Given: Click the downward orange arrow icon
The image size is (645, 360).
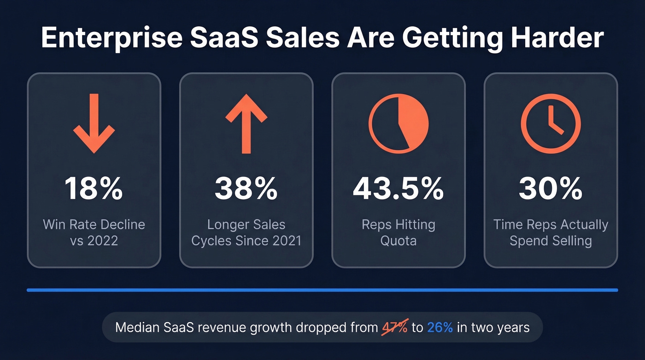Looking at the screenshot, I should pos(94,123).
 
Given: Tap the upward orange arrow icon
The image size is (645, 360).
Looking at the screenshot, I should pos(246,123).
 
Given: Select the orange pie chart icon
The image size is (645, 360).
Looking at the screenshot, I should pos(399,123).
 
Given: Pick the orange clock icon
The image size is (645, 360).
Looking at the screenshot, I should pos(551,123).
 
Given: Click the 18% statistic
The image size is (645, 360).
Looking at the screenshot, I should pos(94,188).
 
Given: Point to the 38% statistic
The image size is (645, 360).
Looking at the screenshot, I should pos(246,188).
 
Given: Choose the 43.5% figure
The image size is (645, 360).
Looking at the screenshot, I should pos(399,188).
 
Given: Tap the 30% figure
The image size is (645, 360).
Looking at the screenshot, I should pos(551,188).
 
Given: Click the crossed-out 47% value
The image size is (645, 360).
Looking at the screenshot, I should pos(395,327).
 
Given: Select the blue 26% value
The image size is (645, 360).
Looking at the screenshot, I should pos(440,327).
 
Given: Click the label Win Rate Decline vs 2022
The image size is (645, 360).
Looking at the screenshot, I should pos(94,232).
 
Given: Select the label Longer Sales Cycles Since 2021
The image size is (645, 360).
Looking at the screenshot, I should pos(246,232).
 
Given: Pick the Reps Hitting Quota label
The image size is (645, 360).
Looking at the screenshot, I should pos(399,232).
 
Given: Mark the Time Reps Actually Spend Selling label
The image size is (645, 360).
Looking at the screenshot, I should pos(551,232).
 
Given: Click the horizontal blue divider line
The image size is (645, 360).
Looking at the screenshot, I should pos(322,290).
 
